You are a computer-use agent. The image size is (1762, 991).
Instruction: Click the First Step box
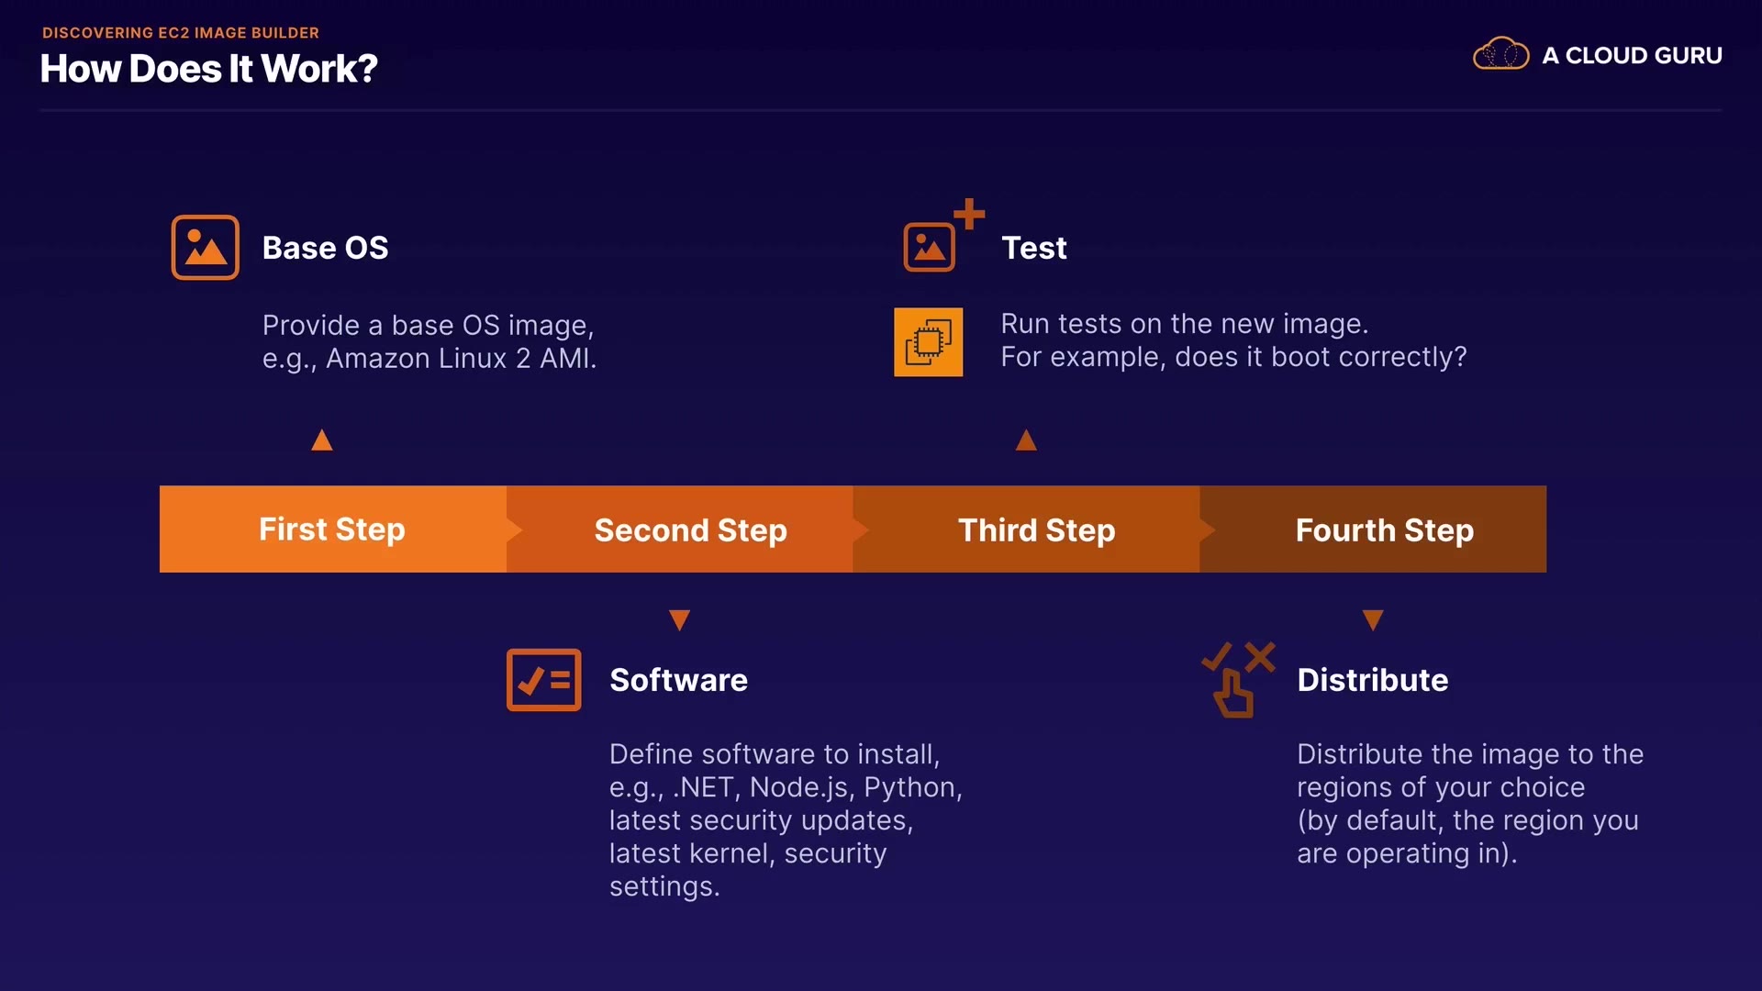coord(332,529)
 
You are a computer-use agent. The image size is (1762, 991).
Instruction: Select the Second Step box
coord(680,529)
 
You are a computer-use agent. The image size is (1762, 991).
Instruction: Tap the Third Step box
coord(1027,529)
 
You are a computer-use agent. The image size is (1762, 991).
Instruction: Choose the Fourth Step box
coord(1374,529)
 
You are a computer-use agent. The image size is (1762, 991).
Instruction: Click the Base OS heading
coord(326,248)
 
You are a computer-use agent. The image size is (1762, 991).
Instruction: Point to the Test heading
coord(1034,248)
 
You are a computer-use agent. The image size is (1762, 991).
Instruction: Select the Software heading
coord(679,680)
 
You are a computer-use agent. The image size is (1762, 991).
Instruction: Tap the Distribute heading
coord(1373,680)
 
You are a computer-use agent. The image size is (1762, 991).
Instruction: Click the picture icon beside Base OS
coord(206,248)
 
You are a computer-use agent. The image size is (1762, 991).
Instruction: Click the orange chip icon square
coord(929,342)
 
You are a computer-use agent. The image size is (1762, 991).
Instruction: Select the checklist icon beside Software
coord(544,680)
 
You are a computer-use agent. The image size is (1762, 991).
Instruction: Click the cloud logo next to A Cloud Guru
coord(1501,54)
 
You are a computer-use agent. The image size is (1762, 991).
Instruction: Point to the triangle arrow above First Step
coord(322,440)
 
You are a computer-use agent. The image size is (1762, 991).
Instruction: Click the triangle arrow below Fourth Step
coord(1373,620)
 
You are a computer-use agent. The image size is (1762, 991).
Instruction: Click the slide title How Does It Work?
coord(209,69)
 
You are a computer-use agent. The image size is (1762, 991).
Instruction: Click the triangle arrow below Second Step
coord(680,620)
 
